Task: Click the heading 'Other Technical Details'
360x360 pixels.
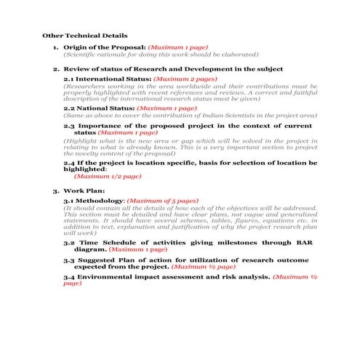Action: click(85, 34)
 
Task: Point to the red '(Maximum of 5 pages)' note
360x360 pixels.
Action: click(164, 200)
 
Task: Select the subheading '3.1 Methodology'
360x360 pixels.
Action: click(95, 200)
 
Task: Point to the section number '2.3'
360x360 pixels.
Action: click(70, 126)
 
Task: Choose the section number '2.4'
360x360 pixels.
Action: click(70, 162)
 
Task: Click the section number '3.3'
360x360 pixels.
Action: click(70, 260)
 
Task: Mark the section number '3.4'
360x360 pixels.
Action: click(70, 277)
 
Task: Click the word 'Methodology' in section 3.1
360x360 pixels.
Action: click(101, 200)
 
